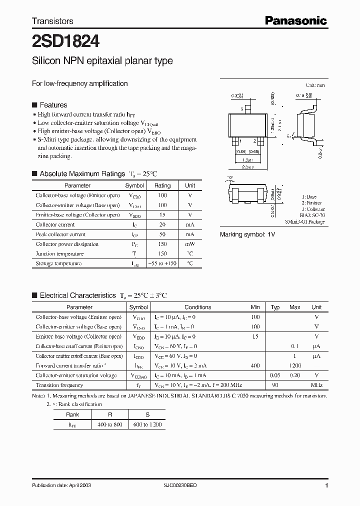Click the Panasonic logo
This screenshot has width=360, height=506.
295,20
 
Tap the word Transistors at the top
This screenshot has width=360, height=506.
52,21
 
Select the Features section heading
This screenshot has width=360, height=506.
53,105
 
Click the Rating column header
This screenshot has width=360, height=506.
162,185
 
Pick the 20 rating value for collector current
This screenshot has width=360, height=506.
162,225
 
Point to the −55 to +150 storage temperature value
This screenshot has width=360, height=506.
162,263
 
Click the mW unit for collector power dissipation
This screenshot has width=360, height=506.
190,244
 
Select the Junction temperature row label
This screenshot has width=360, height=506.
60,254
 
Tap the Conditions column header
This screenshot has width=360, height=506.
197,307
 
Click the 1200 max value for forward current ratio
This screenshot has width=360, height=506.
295,366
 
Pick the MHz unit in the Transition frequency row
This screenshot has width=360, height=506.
316,385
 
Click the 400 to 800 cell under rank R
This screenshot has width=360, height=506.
110,424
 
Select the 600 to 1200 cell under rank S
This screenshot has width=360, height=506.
147,424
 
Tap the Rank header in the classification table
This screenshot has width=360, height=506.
72,414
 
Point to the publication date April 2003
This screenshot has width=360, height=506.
61,485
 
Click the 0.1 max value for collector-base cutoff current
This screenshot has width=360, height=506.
295,346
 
